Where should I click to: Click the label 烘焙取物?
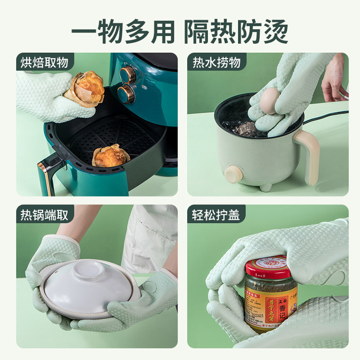click(44, 62)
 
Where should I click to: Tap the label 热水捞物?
click(216, 62)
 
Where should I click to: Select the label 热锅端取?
click(44, 215)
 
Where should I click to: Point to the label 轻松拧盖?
click(216, 215)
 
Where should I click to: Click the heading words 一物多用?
click(122, 32)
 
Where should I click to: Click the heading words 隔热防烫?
click(237, 32)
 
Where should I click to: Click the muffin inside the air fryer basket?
click(111, 155)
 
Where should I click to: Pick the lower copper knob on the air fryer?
click(126, 93)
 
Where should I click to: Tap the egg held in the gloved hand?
click(271, 101)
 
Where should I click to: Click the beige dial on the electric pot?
click(234, 174)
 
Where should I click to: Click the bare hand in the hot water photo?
click(334, 79)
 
